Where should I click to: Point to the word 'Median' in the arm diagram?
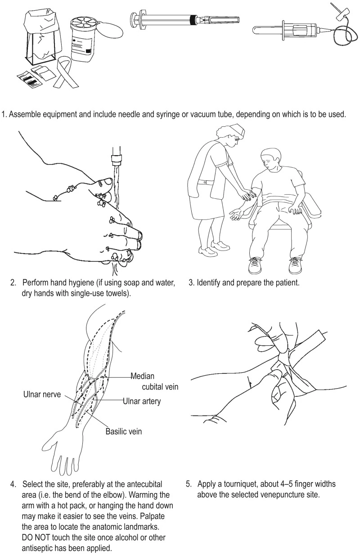(144, 376)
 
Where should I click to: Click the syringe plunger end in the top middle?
(134, 19)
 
